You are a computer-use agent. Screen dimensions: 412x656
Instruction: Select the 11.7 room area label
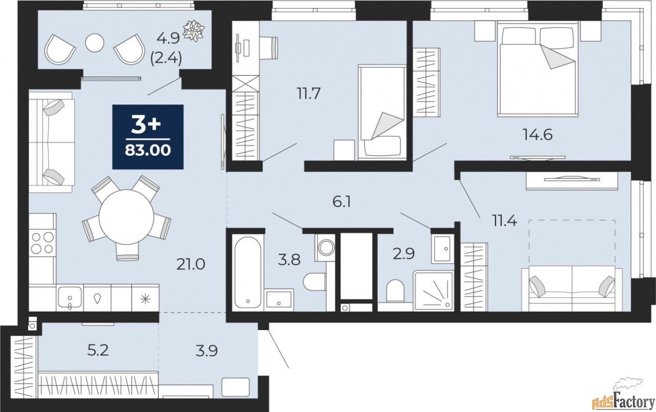click(309, 94)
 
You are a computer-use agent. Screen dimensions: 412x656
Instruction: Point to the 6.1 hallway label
click(342, 202)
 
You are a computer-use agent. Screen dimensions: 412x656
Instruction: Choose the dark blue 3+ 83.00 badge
click(148, 137)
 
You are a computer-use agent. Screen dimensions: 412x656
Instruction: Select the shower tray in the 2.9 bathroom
click(434, 291)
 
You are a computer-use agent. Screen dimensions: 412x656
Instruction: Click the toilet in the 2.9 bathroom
click(395, 291)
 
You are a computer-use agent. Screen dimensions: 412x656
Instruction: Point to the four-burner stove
click(42, 243)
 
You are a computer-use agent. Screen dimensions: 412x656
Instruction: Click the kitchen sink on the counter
click(69, 298)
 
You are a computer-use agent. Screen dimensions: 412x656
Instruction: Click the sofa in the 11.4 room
click(571, 290)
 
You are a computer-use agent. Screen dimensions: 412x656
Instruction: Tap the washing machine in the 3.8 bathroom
click(325, 248)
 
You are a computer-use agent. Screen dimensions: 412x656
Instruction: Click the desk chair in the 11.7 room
click(270, 48)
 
